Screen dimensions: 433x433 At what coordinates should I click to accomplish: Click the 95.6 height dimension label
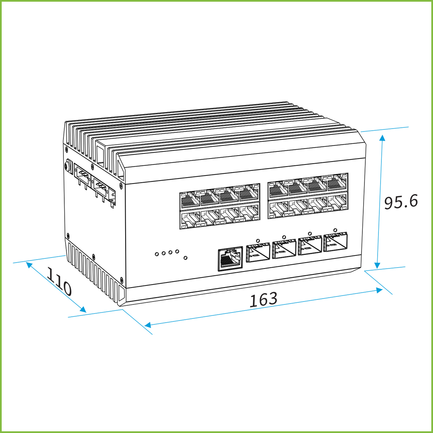click(x=401, y=202)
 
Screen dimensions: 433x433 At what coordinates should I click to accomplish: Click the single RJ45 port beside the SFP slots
click(x=230, y=259)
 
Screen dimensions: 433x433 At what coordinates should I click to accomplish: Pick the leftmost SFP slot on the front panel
click(x=258, y=252)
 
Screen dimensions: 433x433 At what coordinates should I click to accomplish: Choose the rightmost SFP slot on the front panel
click(x=335, y=242)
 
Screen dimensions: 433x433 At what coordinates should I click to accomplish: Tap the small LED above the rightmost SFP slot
click(x=335, y=230)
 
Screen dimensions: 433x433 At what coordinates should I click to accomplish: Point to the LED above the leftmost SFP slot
click(x=258, y=241)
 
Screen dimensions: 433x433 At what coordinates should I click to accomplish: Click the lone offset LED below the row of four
click(x=186, y=258)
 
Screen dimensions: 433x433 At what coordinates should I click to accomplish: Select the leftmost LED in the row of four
click(x=157, y=254)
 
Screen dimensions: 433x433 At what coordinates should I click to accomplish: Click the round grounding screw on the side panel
click(x=67, y=167)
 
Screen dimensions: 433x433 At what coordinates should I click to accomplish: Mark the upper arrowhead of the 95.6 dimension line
click(x=382, y=138)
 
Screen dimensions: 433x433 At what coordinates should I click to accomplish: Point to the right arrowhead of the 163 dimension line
click(x=379, y=290)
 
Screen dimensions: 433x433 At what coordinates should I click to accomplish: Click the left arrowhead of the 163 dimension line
click(x=148, y=325)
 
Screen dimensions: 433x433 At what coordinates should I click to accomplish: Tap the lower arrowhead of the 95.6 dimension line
click(x=377, y=266)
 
